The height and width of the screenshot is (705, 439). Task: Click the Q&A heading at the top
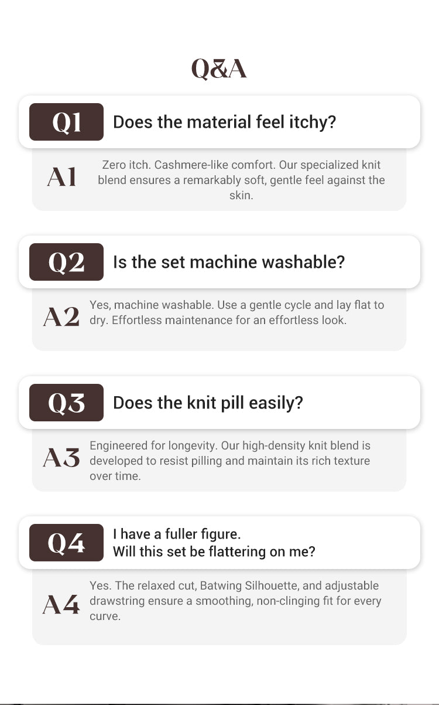pyautogui.click(x=219, y=69)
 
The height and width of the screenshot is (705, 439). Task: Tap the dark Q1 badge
pyautogui.click(x=66, y=122)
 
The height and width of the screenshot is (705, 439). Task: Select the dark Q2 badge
pyautogui.click(x=66, y=262)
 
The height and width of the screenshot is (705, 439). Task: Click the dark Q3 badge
pyautogui.click(x=66, y=403)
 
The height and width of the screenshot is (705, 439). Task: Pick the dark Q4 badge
pyautogui.click(x=66, y=543)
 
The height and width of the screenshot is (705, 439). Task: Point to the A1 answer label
pyautogui.click(x=61, y=177)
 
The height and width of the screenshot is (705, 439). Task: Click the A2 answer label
pyautogui.click(x=61, y=316)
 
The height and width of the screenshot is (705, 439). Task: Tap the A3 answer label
pyautogui.click(x=61, y=457)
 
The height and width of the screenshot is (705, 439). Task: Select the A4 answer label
pyautogui.click(x=61, y=604)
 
